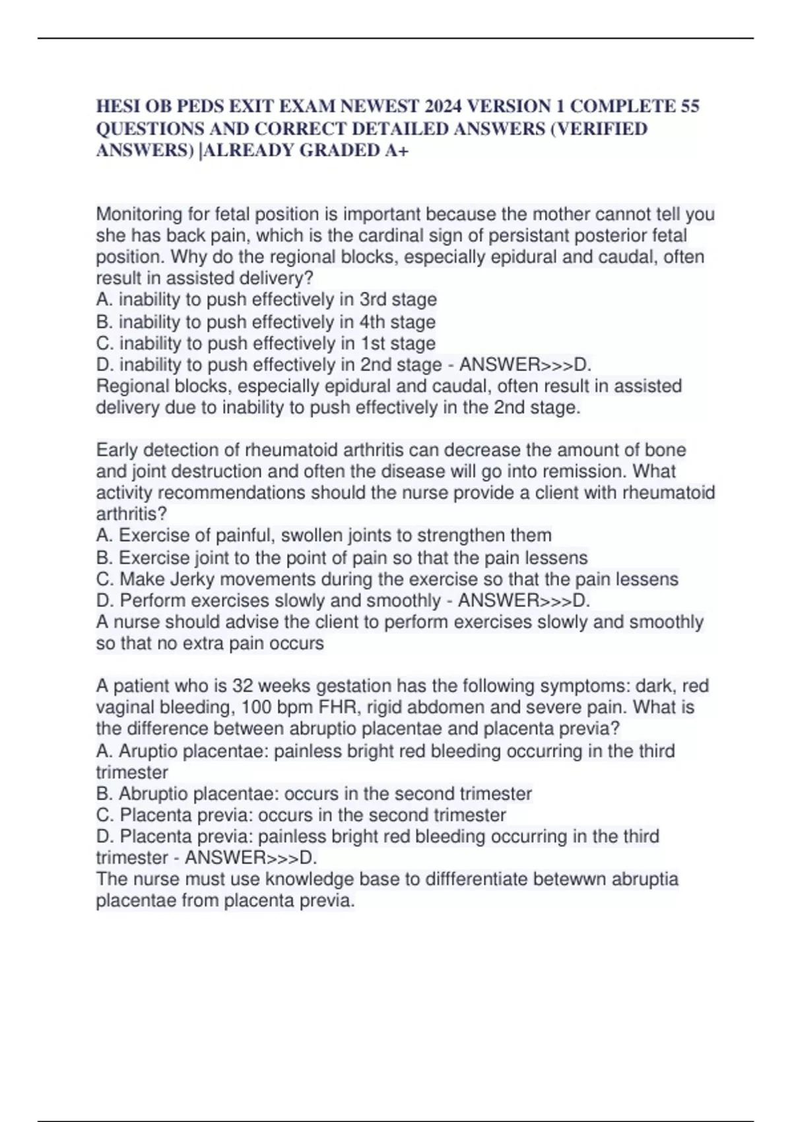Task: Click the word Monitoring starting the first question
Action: click(x=139, y=214)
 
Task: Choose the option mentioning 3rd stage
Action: click(x=266, y=300)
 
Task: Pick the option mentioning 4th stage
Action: click(x=265, y=322)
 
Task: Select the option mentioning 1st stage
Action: click(x=265, y=343)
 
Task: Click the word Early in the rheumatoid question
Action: click(x=117, y=450)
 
